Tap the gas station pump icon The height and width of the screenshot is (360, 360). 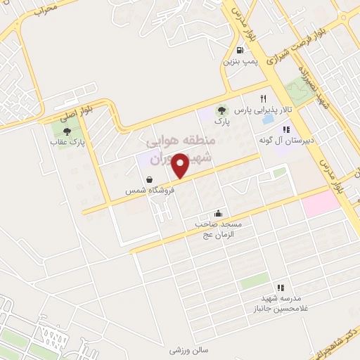click(241, 50)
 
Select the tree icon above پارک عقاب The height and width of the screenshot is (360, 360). click(66, 131)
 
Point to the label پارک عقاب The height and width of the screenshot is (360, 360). click(66, 142)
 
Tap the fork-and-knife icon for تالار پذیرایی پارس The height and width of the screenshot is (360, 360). click(264, 98)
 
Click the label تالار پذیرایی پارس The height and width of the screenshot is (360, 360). click(263, 110)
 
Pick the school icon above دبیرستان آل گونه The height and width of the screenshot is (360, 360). click(285, 129)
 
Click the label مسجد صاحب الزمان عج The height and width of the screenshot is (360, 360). click(219, 229)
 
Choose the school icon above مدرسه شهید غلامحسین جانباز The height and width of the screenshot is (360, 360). click(281, 288)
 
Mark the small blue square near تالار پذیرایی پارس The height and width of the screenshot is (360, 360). click(268, 120)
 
